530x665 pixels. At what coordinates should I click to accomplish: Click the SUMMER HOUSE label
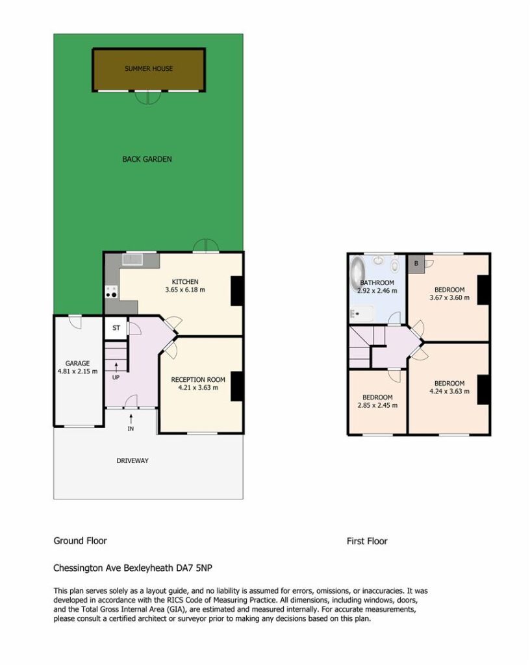(149, 68)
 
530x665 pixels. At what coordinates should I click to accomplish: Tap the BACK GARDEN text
(147, 159)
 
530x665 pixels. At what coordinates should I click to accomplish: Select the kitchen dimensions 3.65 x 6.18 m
(185, 290)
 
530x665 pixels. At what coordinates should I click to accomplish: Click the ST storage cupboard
(116, 328)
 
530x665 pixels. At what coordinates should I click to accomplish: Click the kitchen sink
(132, 258)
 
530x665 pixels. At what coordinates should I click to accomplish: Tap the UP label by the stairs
(116, 377)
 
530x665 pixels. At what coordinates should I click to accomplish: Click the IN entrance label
(131, 429)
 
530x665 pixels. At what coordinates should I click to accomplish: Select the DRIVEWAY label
(132, 460)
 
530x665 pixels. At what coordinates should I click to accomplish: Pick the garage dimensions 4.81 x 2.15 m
(77, 371)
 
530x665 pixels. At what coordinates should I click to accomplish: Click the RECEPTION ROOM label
(198, 379)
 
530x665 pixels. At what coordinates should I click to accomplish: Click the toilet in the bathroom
(395, 266)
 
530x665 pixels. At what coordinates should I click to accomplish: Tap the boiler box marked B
(416, 264)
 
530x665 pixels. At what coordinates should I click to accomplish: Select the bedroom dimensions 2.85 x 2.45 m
(377, 405)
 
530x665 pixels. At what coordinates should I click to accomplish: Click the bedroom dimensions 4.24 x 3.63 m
(449, 391)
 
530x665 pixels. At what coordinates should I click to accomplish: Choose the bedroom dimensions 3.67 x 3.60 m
(449, 297)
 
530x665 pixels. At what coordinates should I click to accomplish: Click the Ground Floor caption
(80, 541)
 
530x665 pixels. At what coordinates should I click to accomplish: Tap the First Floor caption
(367, 541)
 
